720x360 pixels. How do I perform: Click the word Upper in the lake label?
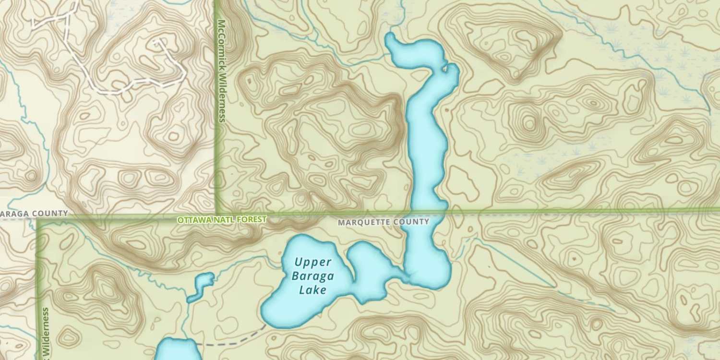click(x=313, y=262)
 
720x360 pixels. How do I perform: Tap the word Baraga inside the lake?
click(x=312, y=276)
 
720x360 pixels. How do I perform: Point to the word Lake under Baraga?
click(x=312, y=289)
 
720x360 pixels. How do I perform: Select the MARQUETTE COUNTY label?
click(x=383, y=222)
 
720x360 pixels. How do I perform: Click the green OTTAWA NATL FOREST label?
click(x=221, y=220)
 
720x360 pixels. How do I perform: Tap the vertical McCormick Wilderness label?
click(x=221, y=71)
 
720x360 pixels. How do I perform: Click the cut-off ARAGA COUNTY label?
click(x=34, y=213)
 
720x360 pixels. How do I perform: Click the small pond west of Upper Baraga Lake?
click(x=202, y=285)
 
